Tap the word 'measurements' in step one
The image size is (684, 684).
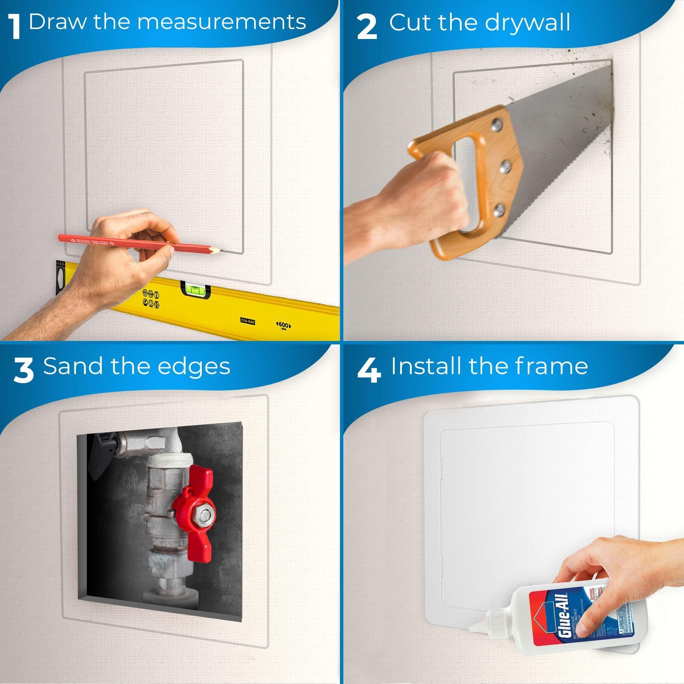[222, 22]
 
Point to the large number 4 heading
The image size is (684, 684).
[369, 371]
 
